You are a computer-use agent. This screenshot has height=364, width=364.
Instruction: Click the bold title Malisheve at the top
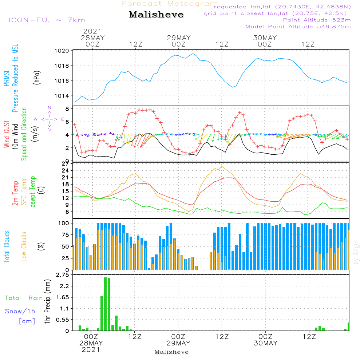click(x=156, y=15)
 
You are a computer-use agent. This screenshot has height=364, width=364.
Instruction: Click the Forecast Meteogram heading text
click(x=170, y=4)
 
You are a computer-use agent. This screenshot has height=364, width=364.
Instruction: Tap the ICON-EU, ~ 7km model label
click(x=47, y=20)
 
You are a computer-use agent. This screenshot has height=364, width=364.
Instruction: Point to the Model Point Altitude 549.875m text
click(x=298, y=27)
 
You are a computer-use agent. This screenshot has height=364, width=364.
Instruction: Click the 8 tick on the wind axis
click(x=67, y=109)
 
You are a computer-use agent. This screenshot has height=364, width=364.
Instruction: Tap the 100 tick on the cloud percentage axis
click(x=64, y=223)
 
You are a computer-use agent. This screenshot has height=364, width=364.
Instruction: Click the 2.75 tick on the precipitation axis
click(x=63, y=275)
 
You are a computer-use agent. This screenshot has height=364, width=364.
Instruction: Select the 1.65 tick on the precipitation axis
click(x=63, y=297)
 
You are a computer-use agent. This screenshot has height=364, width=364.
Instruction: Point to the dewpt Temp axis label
click(x=33, y=192)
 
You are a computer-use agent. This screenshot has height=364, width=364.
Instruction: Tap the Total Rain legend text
click(x=24, y=298)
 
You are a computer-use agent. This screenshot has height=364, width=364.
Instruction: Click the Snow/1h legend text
click(x=20, y=311)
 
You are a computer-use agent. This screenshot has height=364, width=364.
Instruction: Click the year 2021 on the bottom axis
click(x=91, y=350)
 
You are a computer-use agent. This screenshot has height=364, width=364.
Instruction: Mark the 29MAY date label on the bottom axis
click(x=179, y=343)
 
